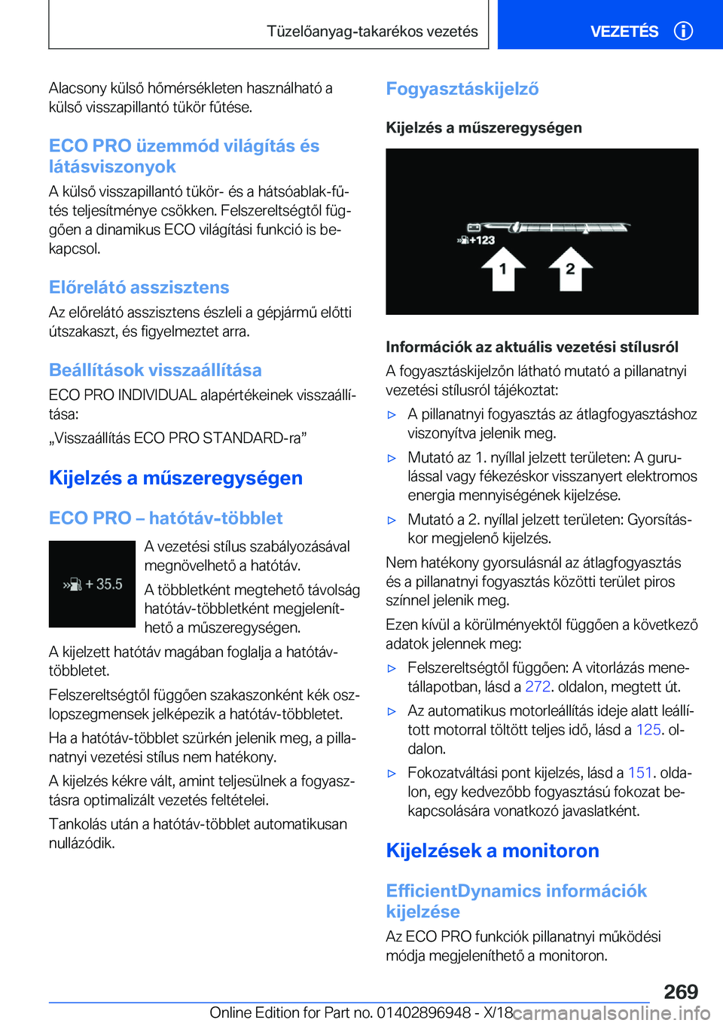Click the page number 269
pos(681,991)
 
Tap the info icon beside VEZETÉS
pos(683,31)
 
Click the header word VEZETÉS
pos(624,32)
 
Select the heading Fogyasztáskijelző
pos(462,89)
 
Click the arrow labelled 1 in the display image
pos(502,270)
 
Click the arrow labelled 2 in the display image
pos(570,269)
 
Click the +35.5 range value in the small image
pos(103,584)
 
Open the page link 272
pos(537,686)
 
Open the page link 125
pos(648,729)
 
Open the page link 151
pos(639,772)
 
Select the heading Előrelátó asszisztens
pos(139,287)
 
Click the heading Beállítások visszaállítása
pos(155,370)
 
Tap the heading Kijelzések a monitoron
pos(492,850)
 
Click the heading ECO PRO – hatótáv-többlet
pos(166,518)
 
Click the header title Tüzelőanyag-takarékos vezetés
pos(372,32)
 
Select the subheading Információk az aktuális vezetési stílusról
pos(532,347)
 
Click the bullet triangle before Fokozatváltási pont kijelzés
pos(391,773)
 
